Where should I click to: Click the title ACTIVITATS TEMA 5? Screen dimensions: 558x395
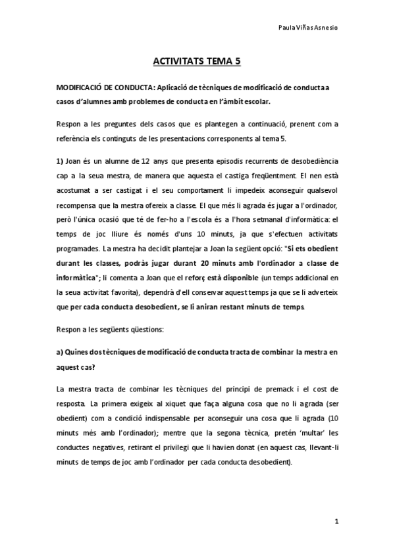[x=197, y=63]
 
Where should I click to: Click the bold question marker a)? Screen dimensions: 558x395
[x=59, y=352]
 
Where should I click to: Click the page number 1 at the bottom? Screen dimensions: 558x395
[x=336, y=522]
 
